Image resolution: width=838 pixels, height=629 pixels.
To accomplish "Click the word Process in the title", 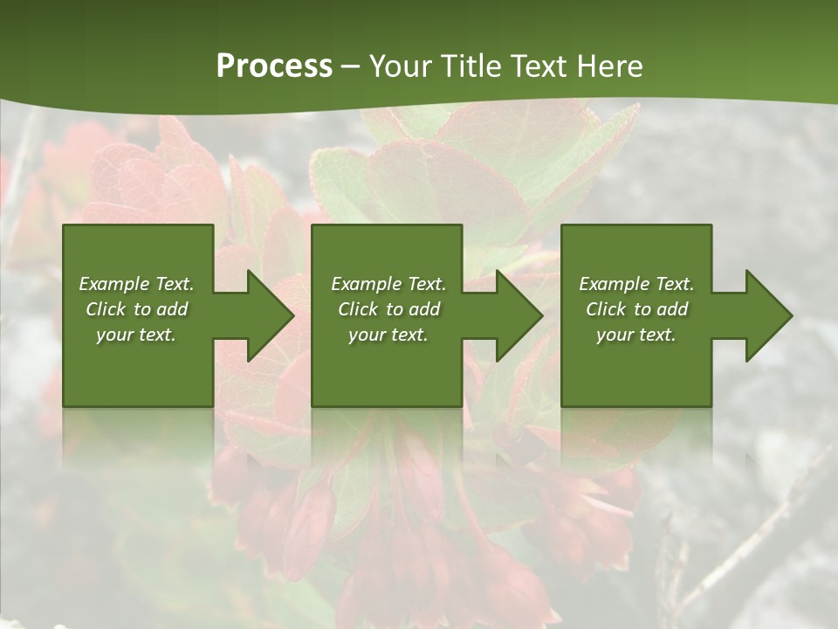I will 274,66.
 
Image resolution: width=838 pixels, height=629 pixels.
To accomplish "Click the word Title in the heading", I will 471,66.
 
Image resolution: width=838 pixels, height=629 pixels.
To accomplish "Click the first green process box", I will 138,253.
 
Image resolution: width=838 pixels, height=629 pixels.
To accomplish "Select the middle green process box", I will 387,253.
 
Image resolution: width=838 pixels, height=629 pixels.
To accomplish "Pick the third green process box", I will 635,253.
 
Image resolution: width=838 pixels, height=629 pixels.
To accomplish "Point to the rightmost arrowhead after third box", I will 767,315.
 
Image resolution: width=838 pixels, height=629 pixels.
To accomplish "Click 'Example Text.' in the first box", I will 136,284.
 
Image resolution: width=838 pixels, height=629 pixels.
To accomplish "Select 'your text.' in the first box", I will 136,335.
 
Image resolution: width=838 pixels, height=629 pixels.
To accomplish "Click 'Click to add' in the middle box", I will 388,309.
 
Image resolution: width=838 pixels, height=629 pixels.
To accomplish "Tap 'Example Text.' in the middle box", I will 388,284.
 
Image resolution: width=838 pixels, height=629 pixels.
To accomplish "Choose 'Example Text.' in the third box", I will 636,284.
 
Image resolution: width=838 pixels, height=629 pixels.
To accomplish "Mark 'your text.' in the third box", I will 636,335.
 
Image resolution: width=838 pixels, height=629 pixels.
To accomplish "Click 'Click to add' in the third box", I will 636,309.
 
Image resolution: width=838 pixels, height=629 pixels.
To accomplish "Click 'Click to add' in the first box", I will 136,309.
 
